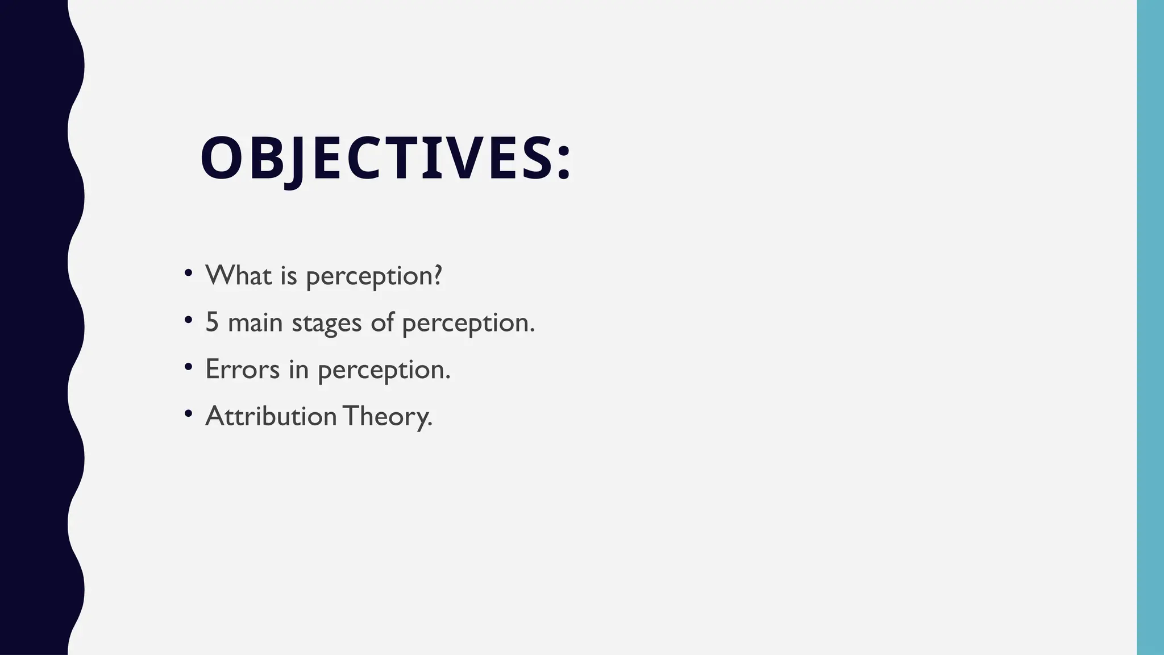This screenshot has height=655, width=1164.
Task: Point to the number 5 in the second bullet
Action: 212,322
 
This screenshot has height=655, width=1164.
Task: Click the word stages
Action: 327,323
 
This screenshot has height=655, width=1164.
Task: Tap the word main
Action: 255,322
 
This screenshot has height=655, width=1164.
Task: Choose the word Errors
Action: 242,369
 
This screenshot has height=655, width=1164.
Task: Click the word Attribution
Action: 271,416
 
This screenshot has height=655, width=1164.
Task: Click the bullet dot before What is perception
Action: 189,272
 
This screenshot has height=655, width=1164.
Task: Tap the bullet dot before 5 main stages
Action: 189,320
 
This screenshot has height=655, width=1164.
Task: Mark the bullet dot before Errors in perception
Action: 189,366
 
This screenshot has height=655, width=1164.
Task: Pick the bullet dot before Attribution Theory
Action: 189,413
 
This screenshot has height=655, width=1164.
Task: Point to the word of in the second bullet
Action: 382,322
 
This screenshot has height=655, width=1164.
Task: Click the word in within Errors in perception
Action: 298,369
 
